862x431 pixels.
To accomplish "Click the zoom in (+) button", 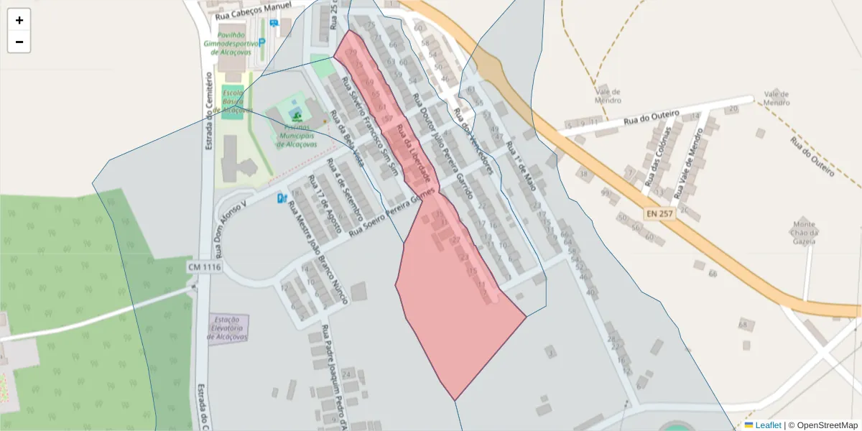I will tap(19, 20).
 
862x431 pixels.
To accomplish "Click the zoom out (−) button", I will tap(19, 42).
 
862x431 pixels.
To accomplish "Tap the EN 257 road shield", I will tap(660, 214).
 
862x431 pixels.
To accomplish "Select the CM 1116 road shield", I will tap(205, 267).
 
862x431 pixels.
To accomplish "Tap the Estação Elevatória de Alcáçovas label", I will tap(228, 328).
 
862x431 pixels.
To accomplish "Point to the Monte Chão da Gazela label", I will tap(804, 232).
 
